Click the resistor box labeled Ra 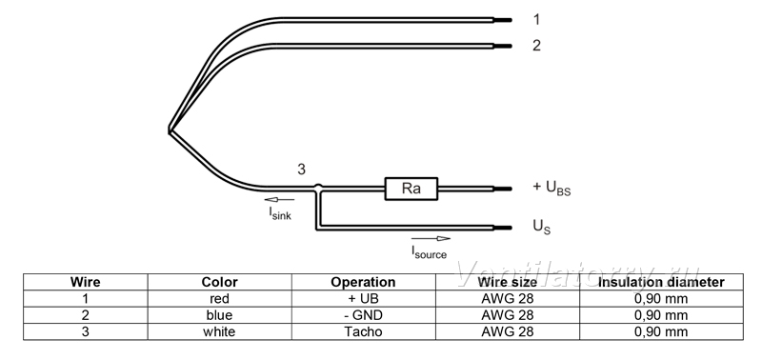click(x=411, y=189)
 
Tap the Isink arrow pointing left click(x=279, y=200)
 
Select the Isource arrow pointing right click(x=431, y=238)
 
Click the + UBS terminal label click(x=551, y=188)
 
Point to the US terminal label click(x=542, y=227)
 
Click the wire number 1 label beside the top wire click(x=536, y=20)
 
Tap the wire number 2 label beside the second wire click(x=536, y=45)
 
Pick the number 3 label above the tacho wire click(x=301, y=170)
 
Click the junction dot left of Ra click(x=318, y=188)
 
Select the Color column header click(x=220, y=282)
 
